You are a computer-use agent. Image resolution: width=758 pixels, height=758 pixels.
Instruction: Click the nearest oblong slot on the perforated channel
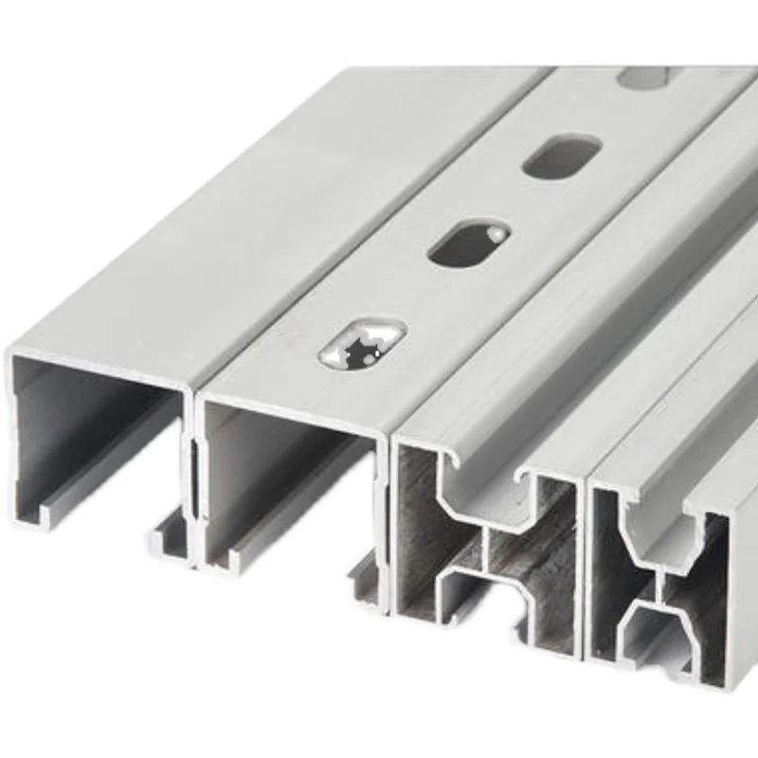click(x=362, y=342)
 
